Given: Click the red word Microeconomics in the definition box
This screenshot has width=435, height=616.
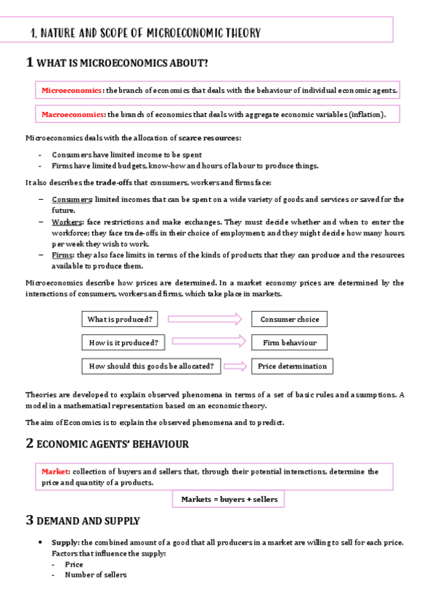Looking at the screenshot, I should click(x=72, y=91).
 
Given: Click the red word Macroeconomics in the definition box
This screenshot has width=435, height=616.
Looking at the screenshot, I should click(x=73, y=114).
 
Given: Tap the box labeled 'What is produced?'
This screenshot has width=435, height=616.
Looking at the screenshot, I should click(x=120, y=319).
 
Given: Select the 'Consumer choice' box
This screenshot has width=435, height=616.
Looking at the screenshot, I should click(x=289, y=319).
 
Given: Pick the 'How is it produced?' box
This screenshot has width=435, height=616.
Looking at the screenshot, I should click(x=123, y=342).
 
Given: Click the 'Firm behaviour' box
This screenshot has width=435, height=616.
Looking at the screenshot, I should click(x=289, y=342).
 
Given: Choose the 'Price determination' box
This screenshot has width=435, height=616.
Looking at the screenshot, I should click(x=292, y=366).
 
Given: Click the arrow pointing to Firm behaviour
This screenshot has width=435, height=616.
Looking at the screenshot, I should click(x=206, y=342).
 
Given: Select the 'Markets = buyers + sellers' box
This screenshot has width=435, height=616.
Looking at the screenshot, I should click(x=227, y=500).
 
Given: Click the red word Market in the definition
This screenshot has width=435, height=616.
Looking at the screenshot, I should click(x=55, y=471).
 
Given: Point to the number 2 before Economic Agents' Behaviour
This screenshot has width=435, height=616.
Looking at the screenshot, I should click(x=29, y=442).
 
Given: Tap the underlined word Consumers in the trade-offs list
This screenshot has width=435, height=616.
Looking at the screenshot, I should click(x=71, y=199).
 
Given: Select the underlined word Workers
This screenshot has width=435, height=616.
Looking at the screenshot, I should click(x=68, y=222).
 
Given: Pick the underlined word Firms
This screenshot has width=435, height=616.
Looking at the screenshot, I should click(x=63, y=255).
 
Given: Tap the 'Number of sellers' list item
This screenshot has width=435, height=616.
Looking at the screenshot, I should click(x=95, y=575).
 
